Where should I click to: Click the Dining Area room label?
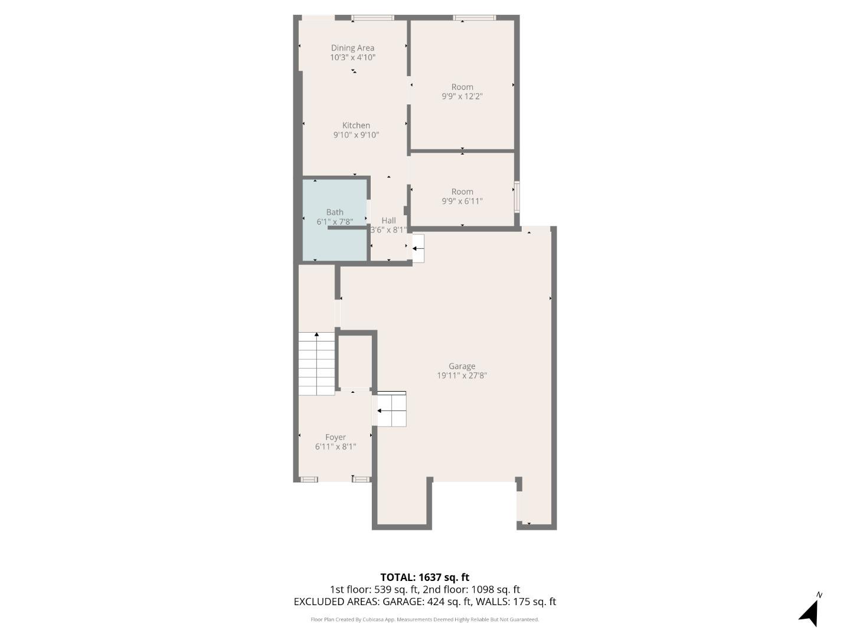352,48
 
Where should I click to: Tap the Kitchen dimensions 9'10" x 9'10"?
356,135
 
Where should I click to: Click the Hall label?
388,221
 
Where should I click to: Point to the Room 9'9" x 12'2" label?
462,87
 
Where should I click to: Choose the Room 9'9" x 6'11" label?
462,192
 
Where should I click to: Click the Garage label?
462,366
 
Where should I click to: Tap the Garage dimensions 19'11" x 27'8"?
462,376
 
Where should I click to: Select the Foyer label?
335,437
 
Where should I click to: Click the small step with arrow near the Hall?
418,248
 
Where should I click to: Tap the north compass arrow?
810,612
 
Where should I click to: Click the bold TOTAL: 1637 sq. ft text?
424,577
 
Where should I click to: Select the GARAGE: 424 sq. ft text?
427,602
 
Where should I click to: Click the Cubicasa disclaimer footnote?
424,619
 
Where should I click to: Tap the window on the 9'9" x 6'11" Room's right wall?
517,197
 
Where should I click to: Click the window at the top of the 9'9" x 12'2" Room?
475,18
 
